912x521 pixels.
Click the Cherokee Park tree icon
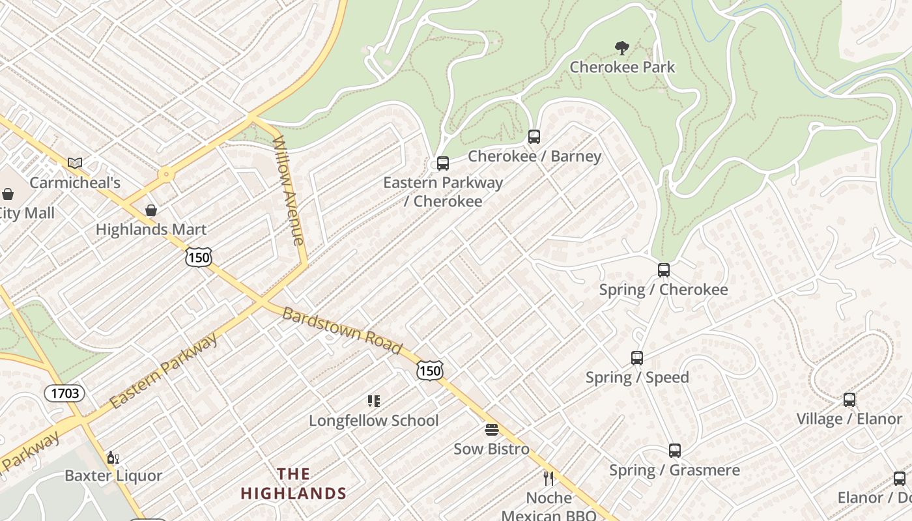point(622,48)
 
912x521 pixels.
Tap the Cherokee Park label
point(622,67)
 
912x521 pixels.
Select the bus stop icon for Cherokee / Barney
point(534,137)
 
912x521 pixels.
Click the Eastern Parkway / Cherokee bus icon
point(443,163)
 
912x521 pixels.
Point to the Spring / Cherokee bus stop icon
point(664,270)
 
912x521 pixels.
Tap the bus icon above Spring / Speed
point(637,358)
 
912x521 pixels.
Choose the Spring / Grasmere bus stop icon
point(675,450)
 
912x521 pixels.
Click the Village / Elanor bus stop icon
point(849,399)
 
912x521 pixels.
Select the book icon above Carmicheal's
point(75,163)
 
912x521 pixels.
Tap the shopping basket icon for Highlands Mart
point(151,210)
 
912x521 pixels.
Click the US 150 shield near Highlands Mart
point(198,257)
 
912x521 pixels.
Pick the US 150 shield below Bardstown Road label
point(430,371)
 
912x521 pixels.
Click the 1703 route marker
point(64,393)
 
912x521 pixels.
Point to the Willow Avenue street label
point(289,190)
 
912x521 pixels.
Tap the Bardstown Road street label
point(341,330)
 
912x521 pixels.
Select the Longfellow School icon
point(373,401)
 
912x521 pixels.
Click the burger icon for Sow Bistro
point(492,430)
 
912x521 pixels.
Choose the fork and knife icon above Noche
point(549,479)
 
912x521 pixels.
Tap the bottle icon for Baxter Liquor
point(113,457)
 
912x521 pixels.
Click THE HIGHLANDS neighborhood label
point(294,483)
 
